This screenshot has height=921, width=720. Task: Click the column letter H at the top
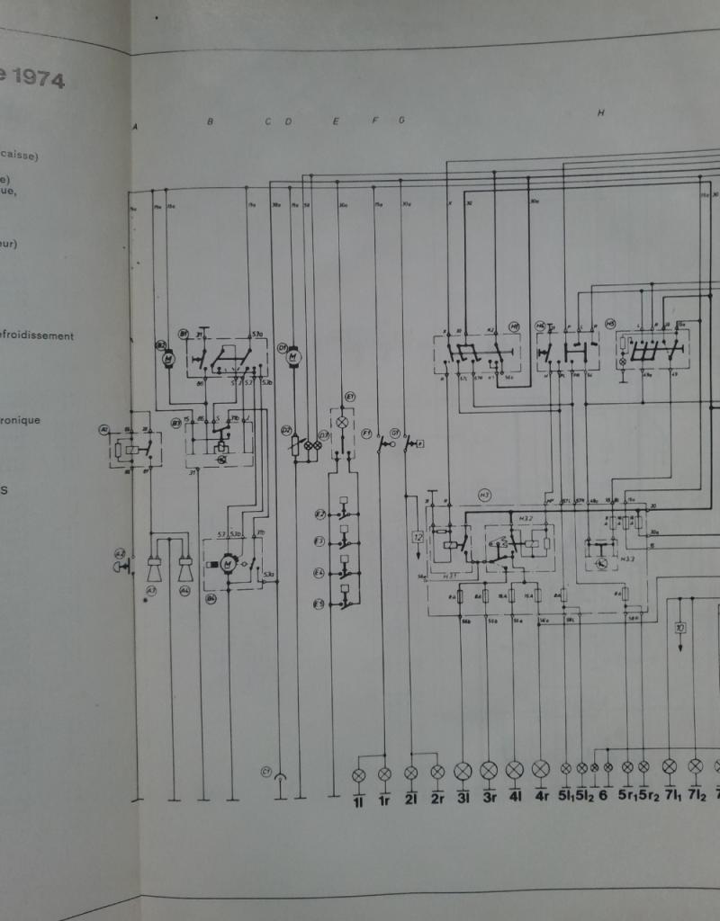(x=599, y=112)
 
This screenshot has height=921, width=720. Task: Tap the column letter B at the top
(x=210, y=121)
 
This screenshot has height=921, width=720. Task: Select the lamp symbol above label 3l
(x=463, y=771)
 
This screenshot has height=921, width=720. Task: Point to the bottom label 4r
(x=541, y=797)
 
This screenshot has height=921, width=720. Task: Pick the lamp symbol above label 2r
(x=437, y=773)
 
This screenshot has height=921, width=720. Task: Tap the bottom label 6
(x=602, y=797)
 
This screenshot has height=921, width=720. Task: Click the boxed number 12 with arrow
(x=417, y=537)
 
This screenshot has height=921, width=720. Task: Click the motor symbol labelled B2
(x=167, y=359)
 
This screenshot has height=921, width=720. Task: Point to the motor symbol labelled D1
(x=292, y=358)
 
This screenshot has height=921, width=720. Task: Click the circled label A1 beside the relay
(x=104, y=429)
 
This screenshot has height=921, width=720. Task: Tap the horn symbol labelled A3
(x=153, y=568)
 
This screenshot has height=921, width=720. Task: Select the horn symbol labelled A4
(x=185, y=568)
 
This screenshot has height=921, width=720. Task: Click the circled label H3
(x=484, y=494)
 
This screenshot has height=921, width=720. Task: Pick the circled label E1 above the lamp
(x=350, y=396)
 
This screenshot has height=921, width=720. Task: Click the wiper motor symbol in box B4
(x=229, y=564)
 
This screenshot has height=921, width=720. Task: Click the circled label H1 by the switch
(x=514, y=326)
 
